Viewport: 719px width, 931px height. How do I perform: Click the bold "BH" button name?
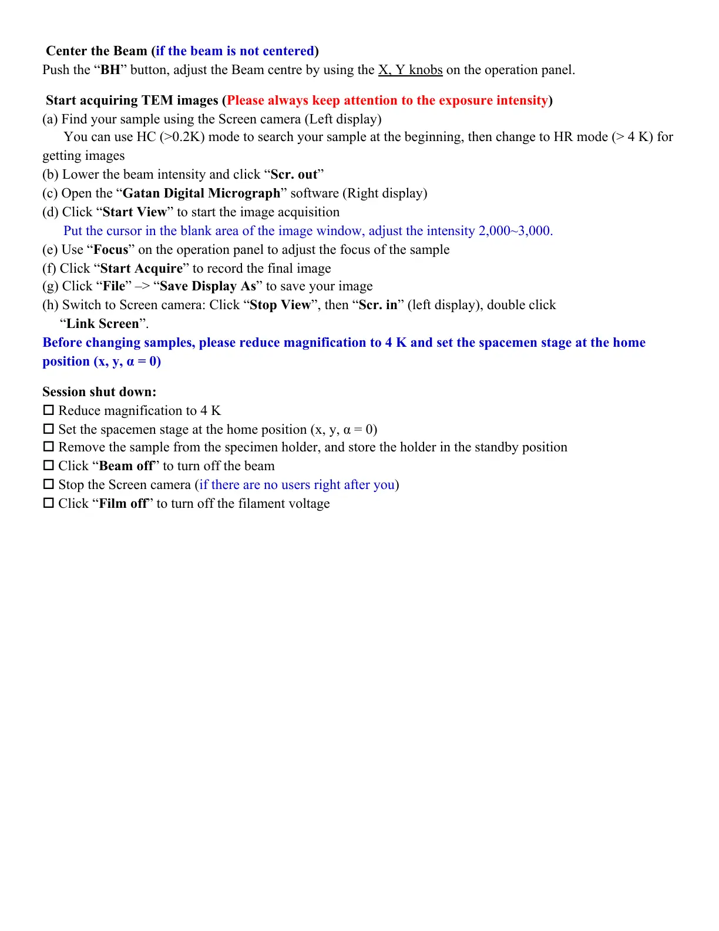[110, 70]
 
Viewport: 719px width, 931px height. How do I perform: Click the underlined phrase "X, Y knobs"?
[410, 70]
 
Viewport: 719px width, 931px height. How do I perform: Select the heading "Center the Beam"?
[96, 51]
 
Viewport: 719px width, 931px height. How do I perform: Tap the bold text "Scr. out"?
[294, 175]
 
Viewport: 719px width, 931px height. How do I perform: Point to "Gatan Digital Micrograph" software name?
[201, 193]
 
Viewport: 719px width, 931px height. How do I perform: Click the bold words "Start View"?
[135, 212]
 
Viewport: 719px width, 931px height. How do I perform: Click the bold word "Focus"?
[111, 250]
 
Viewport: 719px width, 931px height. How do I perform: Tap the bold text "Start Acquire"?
[142, 269]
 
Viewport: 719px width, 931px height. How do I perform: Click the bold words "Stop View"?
[280, 305]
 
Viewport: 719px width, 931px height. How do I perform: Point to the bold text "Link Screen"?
[103, 324]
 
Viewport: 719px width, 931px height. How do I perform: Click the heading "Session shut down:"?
[99, 392]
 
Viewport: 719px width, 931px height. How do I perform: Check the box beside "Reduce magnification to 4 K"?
[49, 410]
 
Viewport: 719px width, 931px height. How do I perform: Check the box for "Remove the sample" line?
[49, 447]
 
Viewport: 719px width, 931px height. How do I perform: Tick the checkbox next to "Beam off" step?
[49, 466]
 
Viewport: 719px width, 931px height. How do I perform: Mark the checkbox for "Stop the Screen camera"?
[49, 484]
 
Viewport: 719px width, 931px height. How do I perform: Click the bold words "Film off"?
[123, 504]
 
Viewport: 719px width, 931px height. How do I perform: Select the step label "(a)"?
[50, 119]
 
